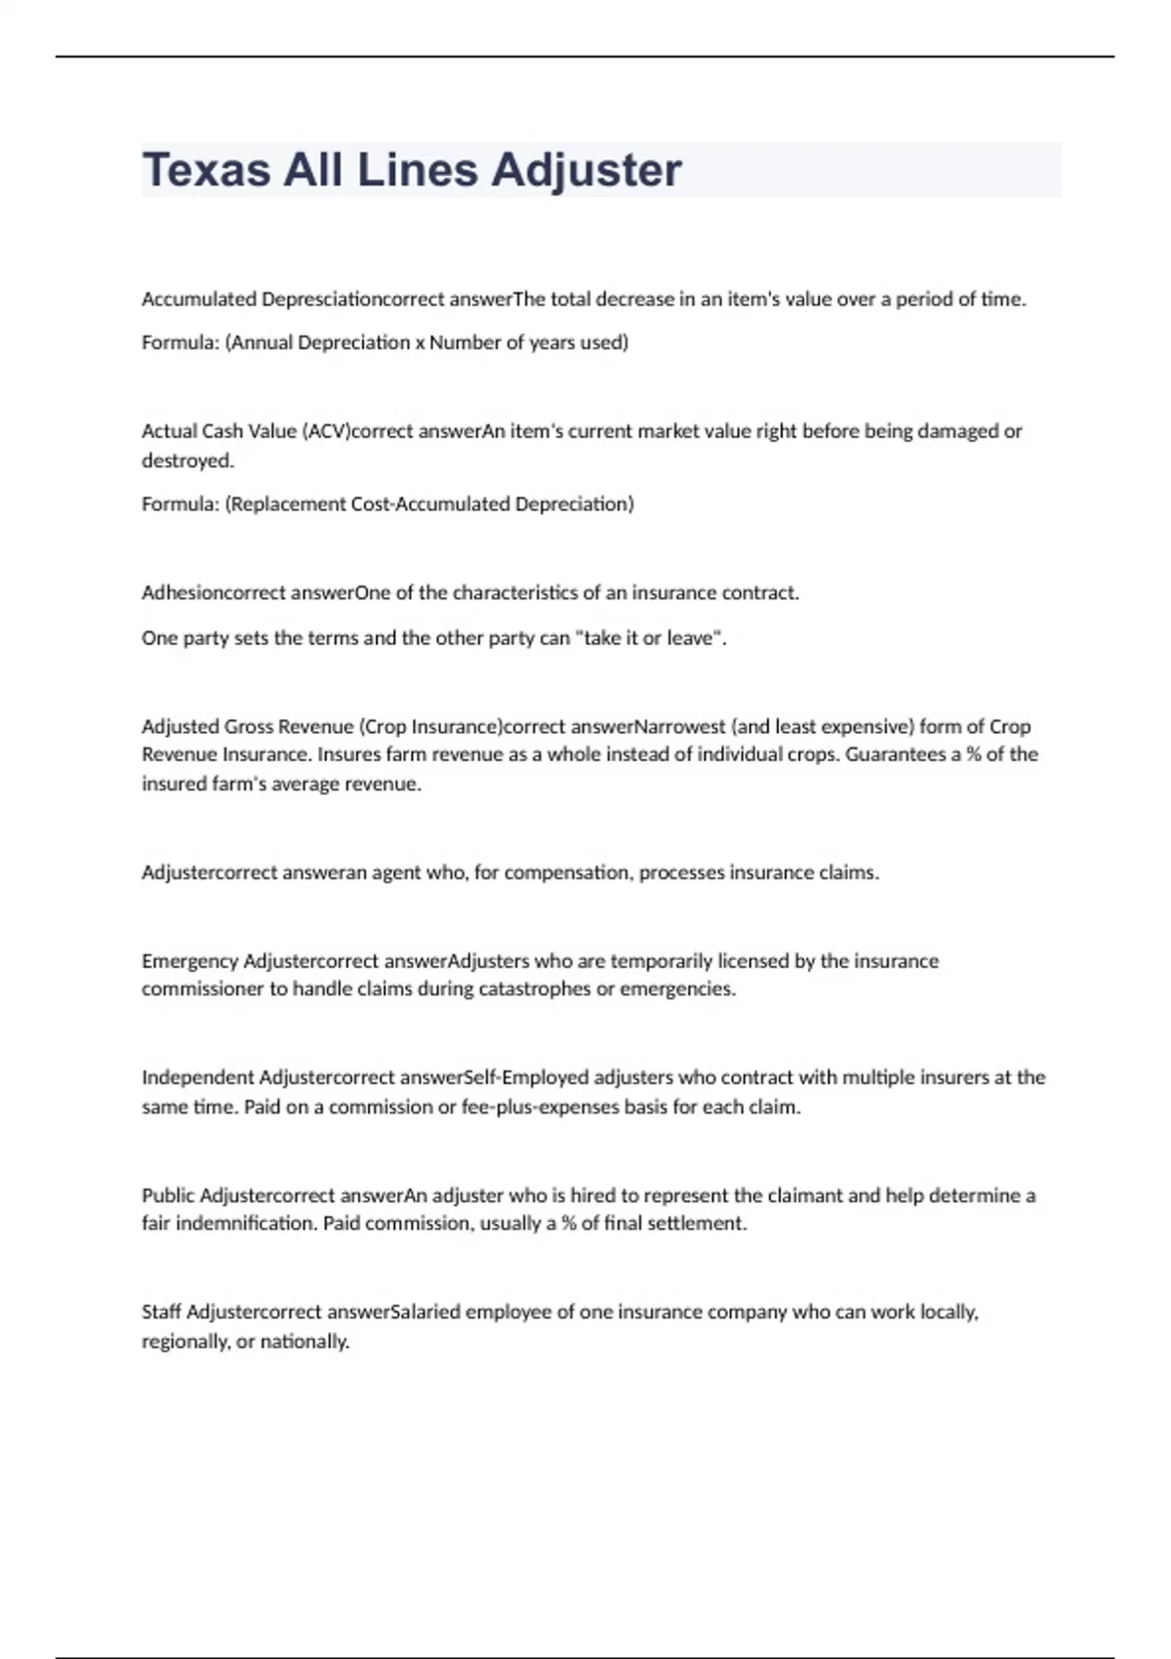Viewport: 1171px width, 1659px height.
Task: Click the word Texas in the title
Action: (x=206, y=170)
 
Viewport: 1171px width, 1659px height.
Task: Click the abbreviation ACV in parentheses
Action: (x=324, y=431)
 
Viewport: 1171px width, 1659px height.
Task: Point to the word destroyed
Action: (x=186, y=461)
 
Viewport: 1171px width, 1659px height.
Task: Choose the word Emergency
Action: (x=189, y=961)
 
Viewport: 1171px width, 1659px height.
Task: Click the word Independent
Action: (x=197, y=1077)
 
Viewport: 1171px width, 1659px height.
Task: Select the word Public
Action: (x=168, y=1195)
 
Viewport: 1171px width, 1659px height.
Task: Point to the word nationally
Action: (x=304, y=1342)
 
